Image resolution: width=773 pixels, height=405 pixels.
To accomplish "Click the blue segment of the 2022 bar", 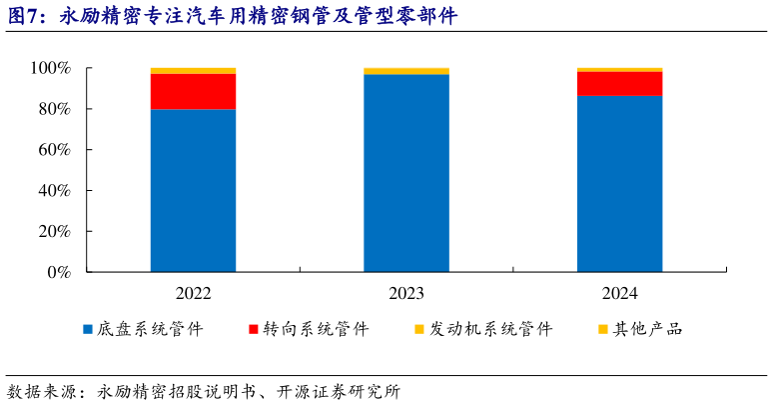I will point(193,190).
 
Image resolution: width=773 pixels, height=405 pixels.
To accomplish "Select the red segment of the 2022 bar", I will point(193,91).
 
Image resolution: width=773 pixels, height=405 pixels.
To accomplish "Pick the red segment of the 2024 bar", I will point(619,83).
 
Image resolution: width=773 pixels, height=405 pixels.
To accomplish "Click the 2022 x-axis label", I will point(193,293).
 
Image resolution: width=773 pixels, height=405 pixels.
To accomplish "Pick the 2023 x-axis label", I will point(406,293).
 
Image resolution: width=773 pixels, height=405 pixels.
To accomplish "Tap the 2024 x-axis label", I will point(619,293).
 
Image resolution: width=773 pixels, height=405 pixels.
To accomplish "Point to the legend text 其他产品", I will point(648,329).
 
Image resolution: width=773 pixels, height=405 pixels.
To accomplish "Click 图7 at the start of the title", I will point(24,16).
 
